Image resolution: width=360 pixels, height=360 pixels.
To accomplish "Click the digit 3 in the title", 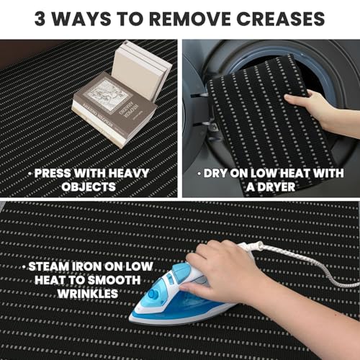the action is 40,19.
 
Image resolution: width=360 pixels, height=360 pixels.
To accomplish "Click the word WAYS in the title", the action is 81,19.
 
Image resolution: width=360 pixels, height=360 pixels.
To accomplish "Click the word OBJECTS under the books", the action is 89,186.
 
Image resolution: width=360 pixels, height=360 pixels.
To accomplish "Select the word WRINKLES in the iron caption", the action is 88,293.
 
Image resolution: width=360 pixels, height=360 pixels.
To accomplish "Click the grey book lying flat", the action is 114,110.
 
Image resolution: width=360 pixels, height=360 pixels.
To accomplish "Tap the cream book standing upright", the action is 142,71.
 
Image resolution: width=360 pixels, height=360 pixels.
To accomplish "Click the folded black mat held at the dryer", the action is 266,125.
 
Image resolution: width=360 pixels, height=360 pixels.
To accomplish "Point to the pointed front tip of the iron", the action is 130,319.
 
